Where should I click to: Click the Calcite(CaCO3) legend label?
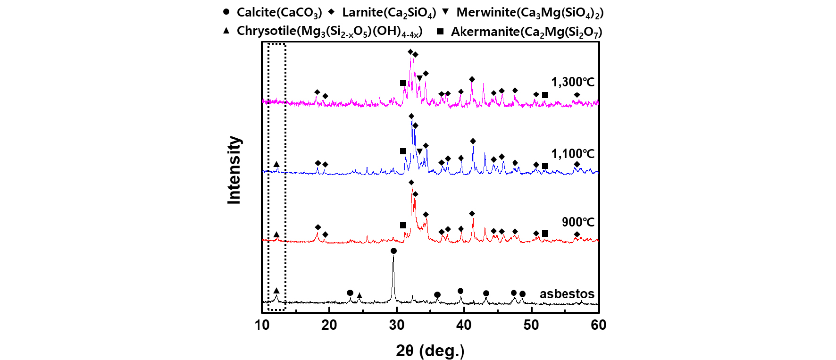279,13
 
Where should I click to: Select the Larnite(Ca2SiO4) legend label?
389,13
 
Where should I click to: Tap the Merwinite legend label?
529,13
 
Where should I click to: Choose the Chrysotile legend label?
329,31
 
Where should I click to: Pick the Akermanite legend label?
526,32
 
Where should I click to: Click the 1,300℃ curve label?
573,82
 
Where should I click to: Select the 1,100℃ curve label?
573,154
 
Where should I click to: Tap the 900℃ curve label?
578,222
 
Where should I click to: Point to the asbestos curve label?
567,294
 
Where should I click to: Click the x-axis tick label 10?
262,325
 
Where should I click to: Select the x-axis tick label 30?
397,325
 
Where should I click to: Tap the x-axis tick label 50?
531,325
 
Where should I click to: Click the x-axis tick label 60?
598,325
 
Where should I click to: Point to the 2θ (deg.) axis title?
430,351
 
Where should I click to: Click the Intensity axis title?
234,170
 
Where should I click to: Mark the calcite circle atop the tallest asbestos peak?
393,251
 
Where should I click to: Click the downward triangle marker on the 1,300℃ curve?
419,78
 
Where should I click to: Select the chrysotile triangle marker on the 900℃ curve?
276,234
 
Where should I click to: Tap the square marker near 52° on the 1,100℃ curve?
545,166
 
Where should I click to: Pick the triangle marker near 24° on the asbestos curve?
359,296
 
